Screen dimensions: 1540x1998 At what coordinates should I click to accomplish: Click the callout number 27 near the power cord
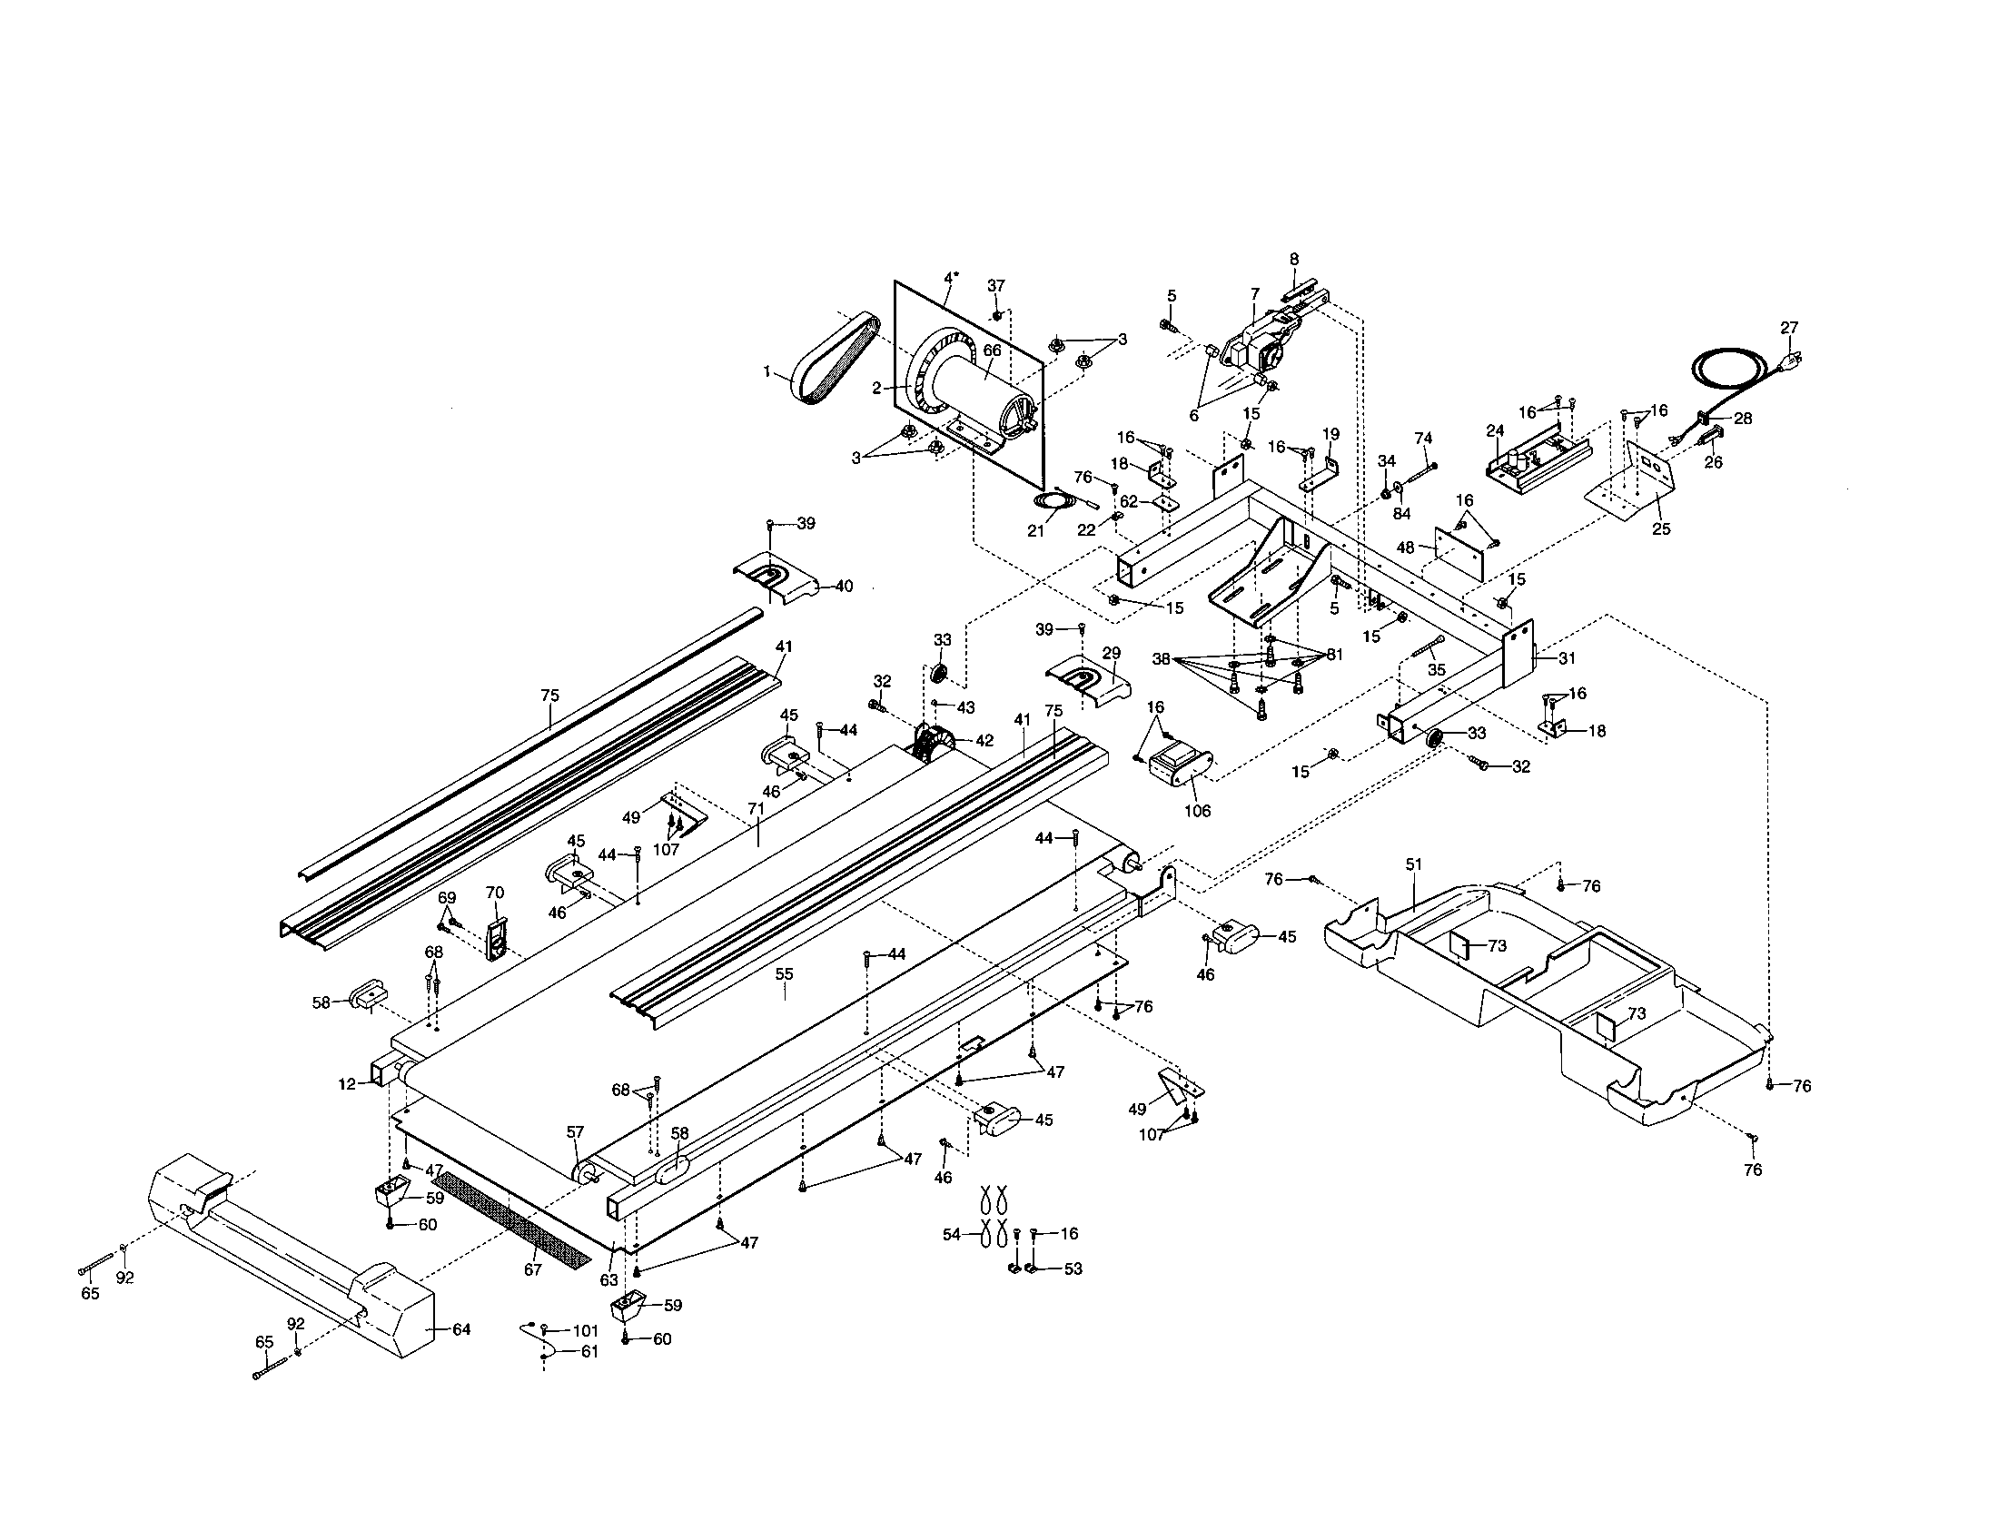tap(1789, 328)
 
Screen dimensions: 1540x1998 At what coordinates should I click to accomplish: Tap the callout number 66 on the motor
tap(992, 350)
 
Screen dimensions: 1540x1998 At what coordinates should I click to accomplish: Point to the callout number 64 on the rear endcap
tap(461, 1328)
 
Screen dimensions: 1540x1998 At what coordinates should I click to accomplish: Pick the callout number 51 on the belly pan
tap(1414, 864)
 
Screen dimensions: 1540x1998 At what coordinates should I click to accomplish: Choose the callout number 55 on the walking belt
tap(784, 974)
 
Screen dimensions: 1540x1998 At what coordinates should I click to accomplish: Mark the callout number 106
tap(1197, 810)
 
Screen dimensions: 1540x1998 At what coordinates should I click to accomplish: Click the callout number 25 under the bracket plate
tap(1661, 528)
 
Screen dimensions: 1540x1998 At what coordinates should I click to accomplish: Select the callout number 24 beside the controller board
tap(1495, 430)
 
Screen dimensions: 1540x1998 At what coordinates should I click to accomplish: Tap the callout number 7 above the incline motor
tap(1255, 293)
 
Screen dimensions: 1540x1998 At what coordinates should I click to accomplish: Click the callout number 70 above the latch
tap(494, 893)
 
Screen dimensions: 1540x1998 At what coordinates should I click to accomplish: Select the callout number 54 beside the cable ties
tap(952, 1235)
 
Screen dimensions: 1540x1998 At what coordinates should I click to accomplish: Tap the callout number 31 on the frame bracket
tap(1568, 657)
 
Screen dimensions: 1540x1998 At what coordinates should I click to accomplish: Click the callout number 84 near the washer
tap(1401, 514)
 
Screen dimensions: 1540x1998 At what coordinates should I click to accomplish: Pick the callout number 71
tap(756, 808)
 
